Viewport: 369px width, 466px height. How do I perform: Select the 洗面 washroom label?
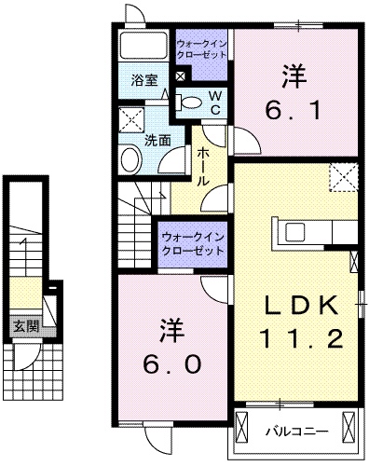click(x=157, y=141)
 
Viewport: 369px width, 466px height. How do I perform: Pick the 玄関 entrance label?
click(x=26, y=326)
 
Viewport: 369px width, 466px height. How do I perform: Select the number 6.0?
click(x=172, y=363)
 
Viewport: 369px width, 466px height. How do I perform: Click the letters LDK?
click(x=299, y=304)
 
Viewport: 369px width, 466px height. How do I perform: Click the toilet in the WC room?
click(x=190, y=101)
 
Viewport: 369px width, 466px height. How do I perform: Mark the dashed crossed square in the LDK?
click(x=344, y=175)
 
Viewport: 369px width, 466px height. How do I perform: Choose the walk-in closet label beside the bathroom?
click(x=202, y=48)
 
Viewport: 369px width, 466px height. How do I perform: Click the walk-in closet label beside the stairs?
click(x=194, y=244)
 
